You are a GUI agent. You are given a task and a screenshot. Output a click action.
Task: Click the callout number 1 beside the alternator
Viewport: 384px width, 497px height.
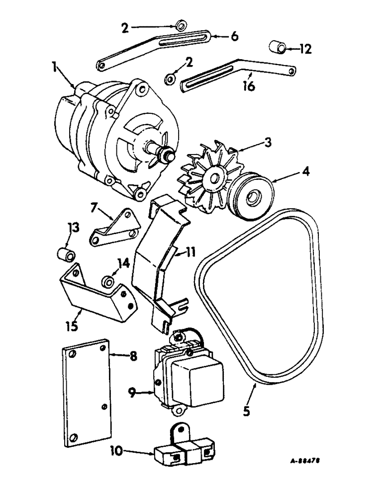tap(56, 67)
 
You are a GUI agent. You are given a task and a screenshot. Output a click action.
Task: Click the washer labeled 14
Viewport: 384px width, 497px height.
tap(107, 281)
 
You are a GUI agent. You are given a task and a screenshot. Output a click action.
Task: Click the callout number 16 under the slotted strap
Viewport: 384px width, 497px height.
tap(249, 86)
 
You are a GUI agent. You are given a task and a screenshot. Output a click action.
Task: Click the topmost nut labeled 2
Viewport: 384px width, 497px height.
tap(181, 24)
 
